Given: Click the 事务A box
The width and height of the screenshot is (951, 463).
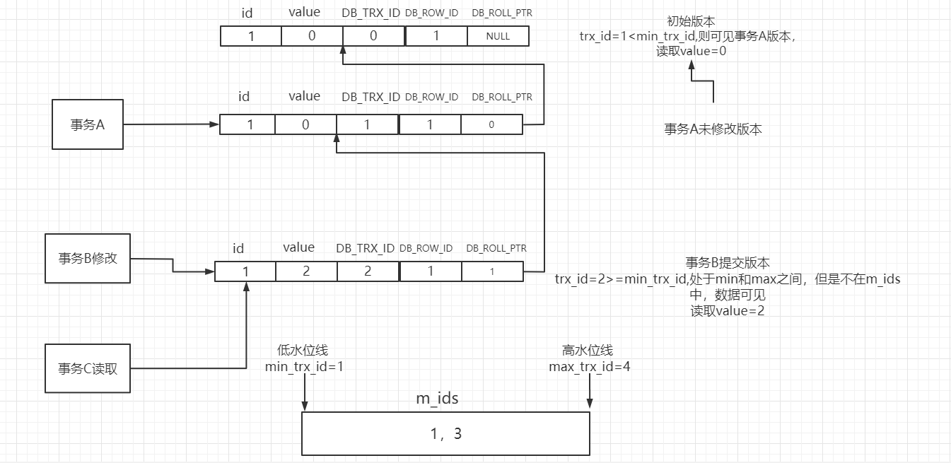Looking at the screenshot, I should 87,124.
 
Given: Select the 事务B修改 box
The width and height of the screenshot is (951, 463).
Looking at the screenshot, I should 88,259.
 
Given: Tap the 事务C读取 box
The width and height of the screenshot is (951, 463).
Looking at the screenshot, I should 88,368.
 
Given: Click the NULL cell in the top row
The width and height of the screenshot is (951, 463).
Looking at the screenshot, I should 498,36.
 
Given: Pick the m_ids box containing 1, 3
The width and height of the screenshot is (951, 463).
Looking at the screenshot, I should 445,433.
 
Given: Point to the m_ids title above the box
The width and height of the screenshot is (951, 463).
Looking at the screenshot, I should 437,399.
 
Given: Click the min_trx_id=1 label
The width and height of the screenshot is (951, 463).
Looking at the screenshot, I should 304,366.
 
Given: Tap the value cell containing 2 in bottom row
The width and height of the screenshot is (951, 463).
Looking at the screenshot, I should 306,271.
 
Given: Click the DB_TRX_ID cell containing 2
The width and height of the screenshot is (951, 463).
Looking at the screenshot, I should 368,271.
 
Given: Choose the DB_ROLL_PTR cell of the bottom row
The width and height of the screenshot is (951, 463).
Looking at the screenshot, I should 492,271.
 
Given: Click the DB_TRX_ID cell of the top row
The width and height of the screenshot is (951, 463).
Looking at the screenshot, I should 373,36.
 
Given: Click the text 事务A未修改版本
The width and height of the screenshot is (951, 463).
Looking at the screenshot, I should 713,129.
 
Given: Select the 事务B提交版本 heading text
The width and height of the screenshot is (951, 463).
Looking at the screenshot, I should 728,264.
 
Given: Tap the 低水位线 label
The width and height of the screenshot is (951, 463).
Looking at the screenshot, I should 303,351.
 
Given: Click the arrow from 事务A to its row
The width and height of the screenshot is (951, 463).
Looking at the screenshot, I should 170,125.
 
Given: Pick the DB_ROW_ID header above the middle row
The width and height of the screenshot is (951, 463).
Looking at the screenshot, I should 431,97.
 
